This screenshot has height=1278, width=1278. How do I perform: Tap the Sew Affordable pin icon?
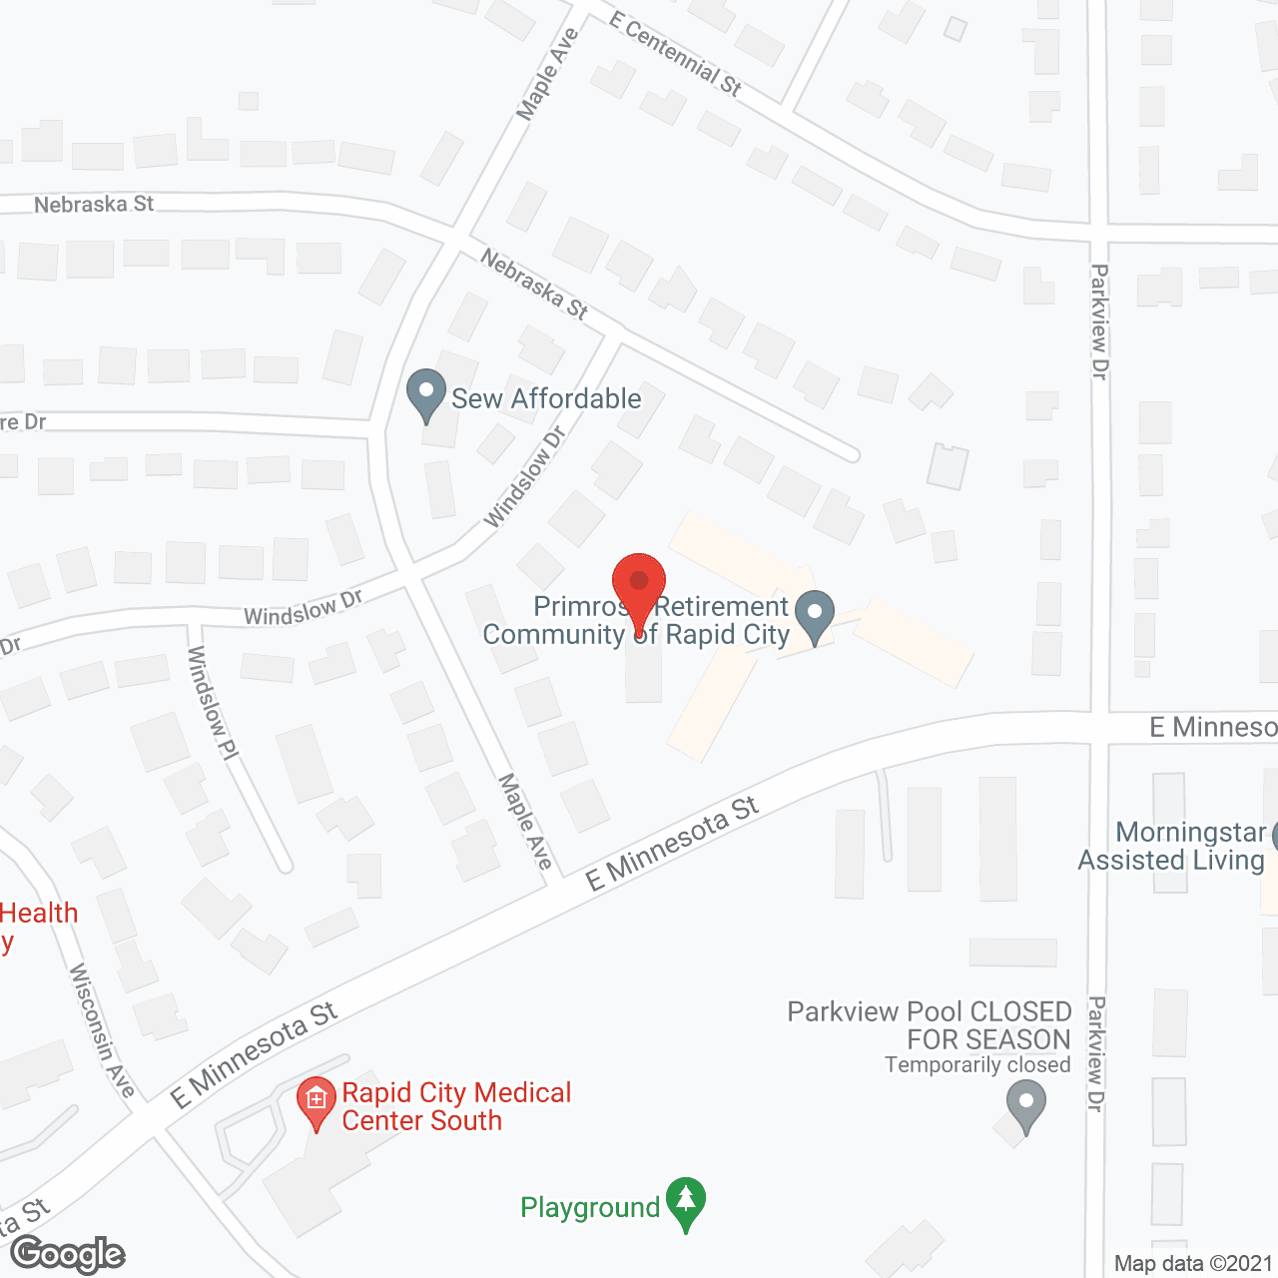[426, 394]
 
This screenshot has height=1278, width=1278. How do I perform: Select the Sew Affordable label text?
[546, 398]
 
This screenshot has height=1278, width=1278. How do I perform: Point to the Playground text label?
[590, 1208]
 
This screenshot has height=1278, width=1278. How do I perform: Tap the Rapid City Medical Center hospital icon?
[317, 1102]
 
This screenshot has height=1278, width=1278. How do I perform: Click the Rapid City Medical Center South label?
[456, 1106]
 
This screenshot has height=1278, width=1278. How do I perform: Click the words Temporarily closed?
[977, 1065]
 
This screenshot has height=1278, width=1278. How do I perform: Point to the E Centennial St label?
[675, 54]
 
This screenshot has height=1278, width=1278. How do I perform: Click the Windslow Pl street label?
[213, 703]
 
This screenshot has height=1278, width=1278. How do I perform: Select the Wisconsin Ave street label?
[102, 1030]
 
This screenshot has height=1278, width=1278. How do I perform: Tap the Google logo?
[68, 1254]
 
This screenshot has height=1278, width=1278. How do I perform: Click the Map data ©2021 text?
[1193, 1263]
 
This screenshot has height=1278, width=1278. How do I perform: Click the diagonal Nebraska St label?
[534, 284]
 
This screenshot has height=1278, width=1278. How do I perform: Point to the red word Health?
[39, 913]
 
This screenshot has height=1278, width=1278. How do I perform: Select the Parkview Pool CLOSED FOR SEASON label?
[930, 1025]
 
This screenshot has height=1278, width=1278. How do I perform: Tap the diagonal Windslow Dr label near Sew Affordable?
[525, 476]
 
